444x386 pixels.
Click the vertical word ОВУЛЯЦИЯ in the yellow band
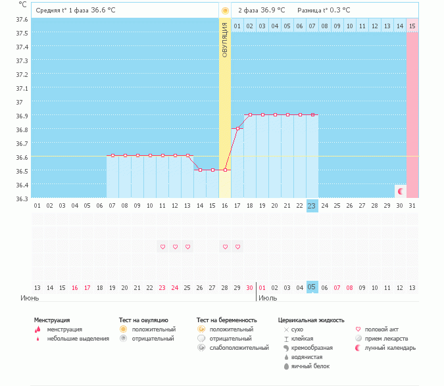pyautogui.click(x=225, y=39)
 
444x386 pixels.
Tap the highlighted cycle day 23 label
pyautogui.click(x=312, y=206)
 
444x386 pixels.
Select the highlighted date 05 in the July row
pyautogui.click(x=312, y=287)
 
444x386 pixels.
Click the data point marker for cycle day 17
pyautogui.click(x=237, y=128)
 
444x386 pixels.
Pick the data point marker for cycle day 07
pyautogui.click(x=112, y=156)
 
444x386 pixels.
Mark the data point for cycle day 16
pyautogui.click(x=225, y=170)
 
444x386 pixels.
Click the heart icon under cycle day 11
pyautogui.click(x=162, y=247)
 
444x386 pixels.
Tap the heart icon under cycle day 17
pyautogui.click(x=237, y=247)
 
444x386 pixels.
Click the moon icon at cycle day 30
pyautogui.click(x=400, y=191)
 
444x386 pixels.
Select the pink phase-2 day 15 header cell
pyautogui.click(x=412, y=26)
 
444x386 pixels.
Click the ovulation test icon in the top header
pyautogui.click(x=225, y=11)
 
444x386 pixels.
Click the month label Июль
pyautogui.click(x=268, y=298)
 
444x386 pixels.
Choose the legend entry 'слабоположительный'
pyautogui.click(x=239, y=347)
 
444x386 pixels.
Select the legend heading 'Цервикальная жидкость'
pyautogui.click(x=311, y=320)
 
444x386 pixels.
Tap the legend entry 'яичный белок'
pyautogui.click(x=310, y=366)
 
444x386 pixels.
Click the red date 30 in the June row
pyautogui.click(x=249, y=287)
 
